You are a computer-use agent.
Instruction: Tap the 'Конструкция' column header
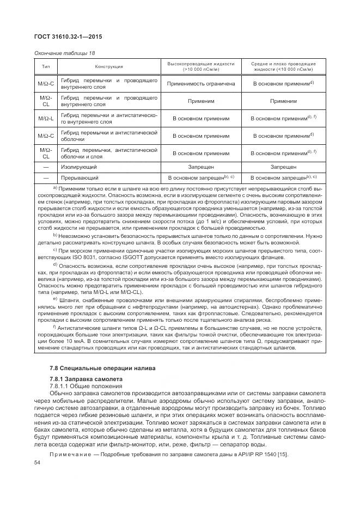point(109,66)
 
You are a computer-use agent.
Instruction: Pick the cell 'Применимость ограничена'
point(200,84)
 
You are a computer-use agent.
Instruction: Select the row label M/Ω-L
point(46,118)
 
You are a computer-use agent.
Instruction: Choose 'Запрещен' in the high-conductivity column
point(200,167)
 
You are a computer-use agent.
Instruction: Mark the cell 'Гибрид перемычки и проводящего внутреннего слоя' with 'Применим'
point(109,101)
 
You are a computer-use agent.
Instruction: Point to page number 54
point(38,463)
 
